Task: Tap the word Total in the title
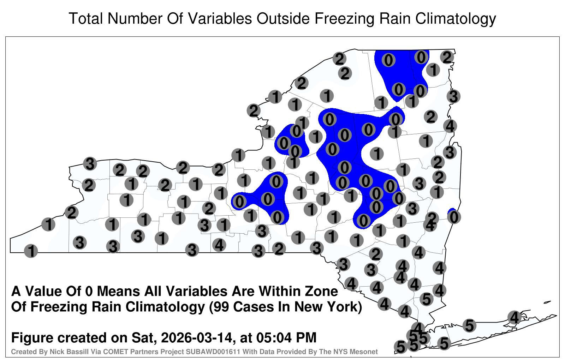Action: [x=86, y=18]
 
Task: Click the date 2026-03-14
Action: [x=196, y=337]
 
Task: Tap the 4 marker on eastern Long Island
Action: [x=514, y=317]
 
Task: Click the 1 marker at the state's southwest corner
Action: [x=31, y=251]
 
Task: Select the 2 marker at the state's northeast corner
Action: [x=447, y=57]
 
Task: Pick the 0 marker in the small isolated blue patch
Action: [x=454, y=217]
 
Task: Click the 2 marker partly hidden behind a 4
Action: [x=432, y=217]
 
